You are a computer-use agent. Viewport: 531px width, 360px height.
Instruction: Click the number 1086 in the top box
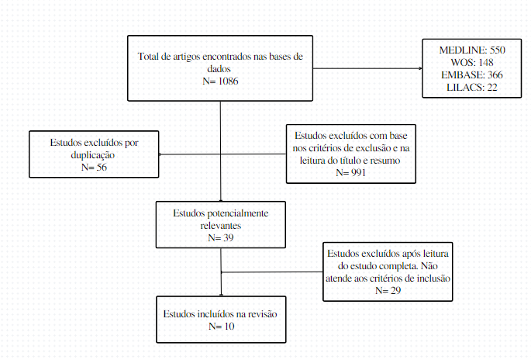(x=228, y=81)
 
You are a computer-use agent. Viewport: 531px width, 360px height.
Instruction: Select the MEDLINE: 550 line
(x=472, y=50)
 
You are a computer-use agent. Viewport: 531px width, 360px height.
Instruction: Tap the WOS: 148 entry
(x=472, y=62)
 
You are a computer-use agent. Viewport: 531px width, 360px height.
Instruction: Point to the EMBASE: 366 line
(x=472, y=75)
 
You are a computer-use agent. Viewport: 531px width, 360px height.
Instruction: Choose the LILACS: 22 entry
(x=472, y=88)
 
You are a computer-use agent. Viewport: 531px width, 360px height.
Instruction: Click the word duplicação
(x=93, y=155)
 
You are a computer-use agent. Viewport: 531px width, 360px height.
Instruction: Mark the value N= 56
(x=94, y=167)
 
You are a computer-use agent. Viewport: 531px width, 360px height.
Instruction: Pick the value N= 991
(x=351, y=173)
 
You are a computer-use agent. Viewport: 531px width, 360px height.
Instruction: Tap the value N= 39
(x=221, y=238)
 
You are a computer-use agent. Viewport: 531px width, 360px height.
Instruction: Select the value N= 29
(x=388, y=290)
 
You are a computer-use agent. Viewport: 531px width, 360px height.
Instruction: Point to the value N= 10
(x=222, y=327)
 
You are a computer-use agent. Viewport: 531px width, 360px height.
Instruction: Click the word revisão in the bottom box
(x=263, y=314)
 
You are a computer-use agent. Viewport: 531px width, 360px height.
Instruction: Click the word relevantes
(x=221, y=226)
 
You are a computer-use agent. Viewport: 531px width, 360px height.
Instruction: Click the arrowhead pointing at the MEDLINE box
(x=421, y=68)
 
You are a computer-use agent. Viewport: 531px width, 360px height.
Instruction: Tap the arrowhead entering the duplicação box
(x=160, y=154)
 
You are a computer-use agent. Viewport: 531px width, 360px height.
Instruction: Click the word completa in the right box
(x=398, y=266)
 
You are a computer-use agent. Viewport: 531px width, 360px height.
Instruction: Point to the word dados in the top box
(x=219, y=69)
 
